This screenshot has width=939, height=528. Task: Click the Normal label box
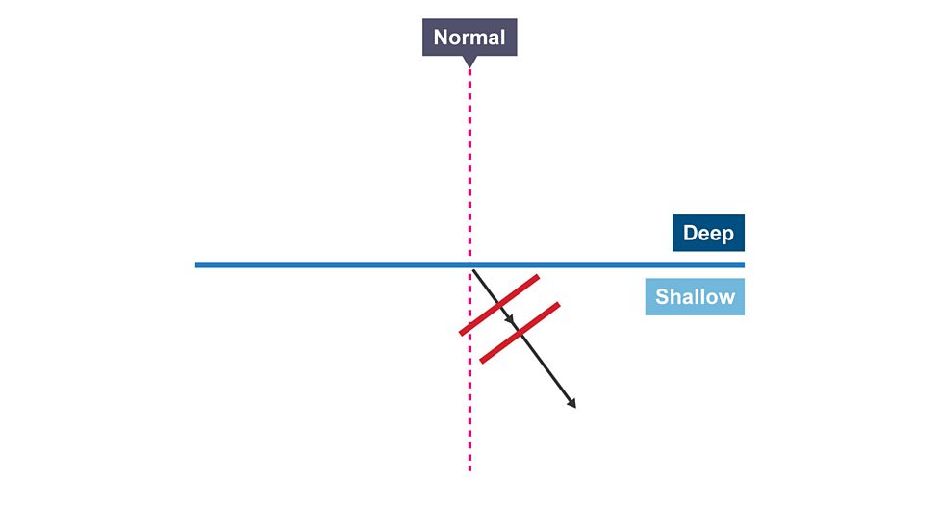tap(469, 38)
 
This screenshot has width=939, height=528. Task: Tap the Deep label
tap(708, 233)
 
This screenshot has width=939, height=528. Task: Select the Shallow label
tap(695, 296)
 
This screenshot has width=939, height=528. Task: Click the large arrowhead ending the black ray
tap(571, 404)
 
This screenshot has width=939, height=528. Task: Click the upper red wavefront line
tap(499, 305)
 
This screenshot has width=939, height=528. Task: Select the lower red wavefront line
tap(520, 333)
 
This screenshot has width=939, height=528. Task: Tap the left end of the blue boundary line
tap(197, 264)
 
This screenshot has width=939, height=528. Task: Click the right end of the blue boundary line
tap(742, 264)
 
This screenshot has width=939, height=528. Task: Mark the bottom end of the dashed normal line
tap(469, 469)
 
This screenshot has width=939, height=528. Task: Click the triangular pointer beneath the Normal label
tap(469, 62)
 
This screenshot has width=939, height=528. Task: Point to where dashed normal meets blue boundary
tap(469, 264)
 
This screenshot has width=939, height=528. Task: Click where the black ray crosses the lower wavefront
tap(520, 333)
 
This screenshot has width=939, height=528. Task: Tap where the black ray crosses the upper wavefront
tap(499, 305)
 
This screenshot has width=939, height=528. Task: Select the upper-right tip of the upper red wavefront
tap(537, 278)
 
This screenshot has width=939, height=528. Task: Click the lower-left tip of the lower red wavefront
tap(482, 361)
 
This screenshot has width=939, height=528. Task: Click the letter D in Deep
tap(690, 233)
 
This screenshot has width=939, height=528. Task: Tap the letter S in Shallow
tap(662, 296)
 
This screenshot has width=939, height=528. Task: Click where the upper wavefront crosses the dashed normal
tap(469, 327)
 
